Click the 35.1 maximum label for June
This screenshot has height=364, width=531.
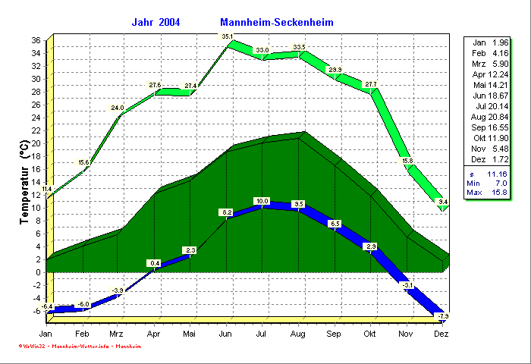coord(227,36)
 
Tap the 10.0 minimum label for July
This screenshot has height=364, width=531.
coord(262,201)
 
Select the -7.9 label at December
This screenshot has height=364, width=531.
coord(445,315)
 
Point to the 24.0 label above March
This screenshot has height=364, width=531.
coord(118,108)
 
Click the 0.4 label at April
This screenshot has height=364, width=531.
coord(154,263)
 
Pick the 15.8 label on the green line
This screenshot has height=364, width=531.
coord(407,161)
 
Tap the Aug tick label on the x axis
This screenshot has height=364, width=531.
coord(298,334)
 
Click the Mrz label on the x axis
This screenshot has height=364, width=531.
coord(116,334)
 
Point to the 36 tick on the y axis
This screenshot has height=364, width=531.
coord(36,39)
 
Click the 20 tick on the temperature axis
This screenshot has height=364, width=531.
coord(36,143)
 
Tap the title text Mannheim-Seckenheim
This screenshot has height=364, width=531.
coord(277,22)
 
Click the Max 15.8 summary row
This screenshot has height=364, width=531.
coord(490,193)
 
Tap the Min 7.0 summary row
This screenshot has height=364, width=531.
coord(490,183)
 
